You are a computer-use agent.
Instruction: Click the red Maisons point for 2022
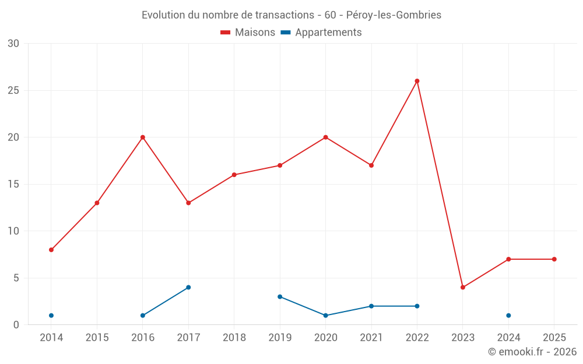point(417,81)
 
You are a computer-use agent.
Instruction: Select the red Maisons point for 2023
point(463,287)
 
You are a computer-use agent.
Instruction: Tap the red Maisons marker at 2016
point(143,137)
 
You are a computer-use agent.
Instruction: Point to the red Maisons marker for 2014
point(51,250)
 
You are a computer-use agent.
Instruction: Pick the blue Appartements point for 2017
point(188,287)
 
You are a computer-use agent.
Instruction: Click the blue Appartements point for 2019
point(280,296)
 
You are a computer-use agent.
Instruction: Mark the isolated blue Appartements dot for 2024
point(508,316)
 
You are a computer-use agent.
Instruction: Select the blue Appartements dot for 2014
point(51,316)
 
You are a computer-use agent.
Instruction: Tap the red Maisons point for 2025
point(554,259)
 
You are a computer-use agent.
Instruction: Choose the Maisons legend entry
point(248,33)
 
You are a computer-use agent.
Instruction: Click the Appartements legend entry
point(322,33)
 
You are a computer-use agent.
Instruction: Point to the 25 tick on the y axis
point(13,90)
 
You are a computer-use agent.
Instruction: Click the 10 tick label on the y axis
point(13,231)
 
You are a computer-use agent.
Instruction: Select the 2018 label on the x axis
point(234,338)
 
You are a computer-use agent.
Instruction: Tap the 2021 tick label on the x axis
point(371,338)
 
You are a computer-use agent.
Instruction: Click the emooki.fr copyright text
point(532,352)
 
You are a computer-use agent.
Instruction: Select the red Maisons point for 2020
point(325,137)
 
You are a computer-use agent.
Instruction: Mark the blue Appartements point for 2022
point(417,306)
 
